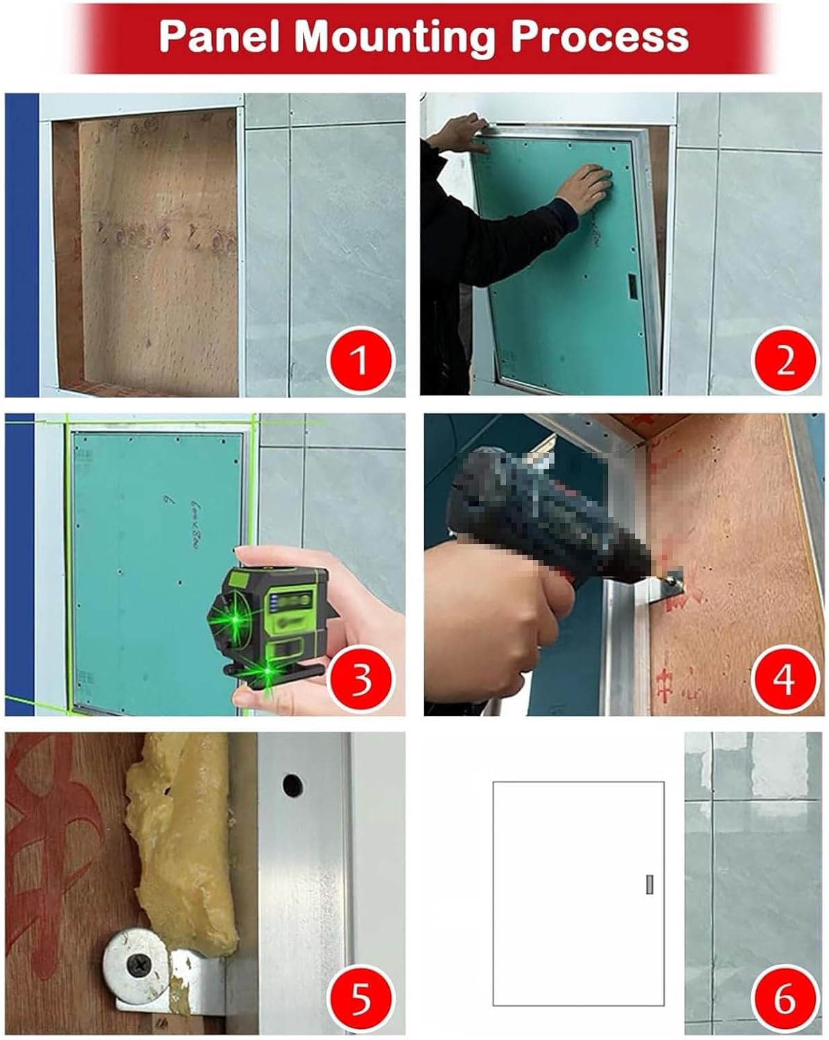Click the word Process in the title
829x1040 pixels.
pyautogui.click(x=600, y=36)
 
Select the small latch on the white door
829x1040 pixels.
pyautogui.click(x=649, y=885)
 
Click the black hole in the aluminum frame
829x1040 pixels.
pyautogui.click(x=292, y=785)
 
